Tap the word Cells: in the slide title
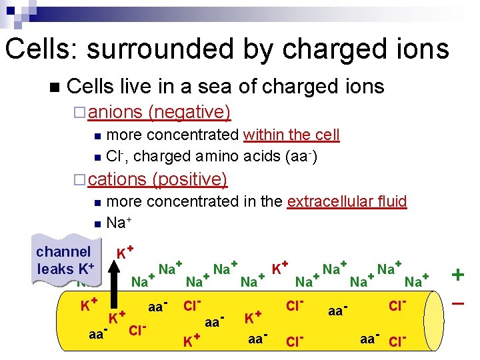pos(42,49)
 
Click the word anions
pos(115,112)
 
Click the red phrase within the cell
pos(291,135)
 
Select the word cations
pos(117,179)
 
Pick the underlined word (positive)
pos(190,179)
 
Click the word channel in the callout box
pos(63,252)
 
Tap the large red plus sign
pos(459,274)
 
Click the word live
pos(139,87)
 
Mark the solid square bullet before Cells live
pos(54,87)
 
